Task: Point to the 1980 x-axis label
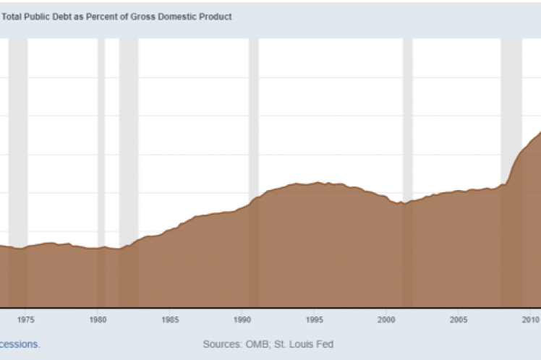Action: click(98, 319)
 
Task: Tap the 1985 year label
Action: click(170, 319)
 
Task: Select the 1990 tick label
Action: click(242, 319)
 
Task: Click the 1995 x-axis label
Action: click(315, 319)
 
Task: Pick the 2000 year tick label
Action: click(386, 319)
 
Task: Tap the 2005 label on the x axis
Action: click(459, 319)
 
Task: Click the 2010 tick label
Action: click(531, 319)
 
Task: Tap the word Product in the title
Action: click(216, 17)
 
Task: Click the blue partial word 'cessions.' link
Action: click(20, 344)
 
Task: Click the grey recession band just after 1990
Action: click(253, 108)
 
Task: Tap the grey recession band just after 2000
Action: click(407, 108)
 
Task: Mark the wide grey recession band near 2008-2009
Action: click(511, 94)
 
